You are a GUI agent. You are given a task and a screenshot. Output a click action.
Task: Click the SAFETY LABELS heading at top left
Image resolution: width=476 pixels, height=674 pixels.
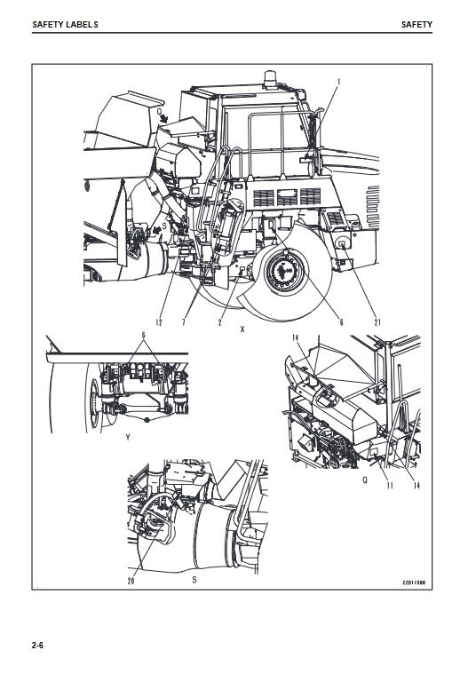[65, 25]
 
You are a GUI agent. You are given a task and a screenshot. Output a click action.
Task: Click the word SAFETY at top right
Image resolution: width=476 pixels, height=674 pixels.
[416, 25]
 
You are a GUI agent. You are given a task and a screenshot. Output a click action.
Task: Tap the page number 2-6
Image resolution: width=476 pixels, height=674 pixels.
[38, 646]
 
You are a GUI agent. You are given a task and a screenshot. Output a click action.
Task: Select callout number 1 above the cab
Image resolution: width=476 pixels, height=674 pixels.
[339, 81]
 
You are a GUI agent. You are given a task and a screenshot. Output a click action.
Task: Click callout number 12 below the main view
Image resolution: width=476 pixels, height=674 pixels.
[159, 322]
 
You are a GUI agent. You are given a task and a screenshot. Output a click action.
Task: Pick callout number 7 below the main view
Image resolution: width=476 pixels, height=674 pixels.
[184, 322]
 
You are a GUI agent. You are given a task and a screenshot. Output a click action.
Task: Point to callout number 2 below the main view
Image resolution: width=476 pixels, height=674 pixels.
[219, 322]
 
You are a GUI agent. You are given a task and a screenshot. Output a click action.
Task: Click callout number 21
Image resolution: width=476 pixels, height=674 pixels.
[377, 322]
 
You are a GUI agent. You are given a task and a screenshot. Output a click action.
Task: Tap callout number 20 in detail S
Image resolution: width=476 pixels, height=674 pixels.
[131, 581]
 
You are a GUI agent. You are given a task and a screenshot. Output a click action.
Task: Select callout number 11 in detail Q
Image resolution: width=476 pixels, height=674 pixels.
[390, 485]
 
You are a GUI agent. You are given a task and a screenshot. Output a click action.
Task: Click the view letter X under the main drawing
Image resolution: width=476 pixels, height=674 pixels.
[242, 329]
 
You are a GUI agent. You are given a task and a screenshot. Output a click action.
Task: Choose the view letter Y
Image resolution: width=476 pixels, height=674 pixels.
[128, 438]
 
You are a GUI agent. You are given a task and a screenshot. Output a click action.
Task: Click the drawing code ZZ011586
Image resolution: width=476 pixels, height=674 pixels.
[414, 583]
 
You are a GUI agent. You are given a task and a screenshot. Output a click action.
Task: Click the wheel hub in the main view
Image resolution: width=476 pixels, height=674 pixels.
[284, 271]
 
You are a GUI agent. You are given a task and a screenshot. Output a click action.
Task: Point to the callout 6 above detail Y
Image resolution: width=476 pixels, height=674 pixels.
[144, 336]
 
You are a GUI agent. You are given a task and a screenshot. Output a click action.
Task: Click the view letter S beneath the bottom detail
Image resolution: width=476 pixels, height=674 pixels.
[194, 580]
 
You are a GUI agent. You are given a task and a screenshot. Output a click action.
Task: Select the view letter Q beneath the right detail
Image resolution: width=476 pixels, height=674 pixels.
[365, 480]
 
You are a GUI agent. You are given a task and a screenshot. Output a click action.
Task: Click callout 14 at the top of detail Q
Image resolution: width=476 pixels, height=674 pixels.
[296, 337]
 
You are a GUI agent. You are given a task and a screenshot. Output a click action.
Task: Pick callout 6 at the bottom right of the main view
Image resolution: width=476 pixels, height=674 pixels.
[342, 322]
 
